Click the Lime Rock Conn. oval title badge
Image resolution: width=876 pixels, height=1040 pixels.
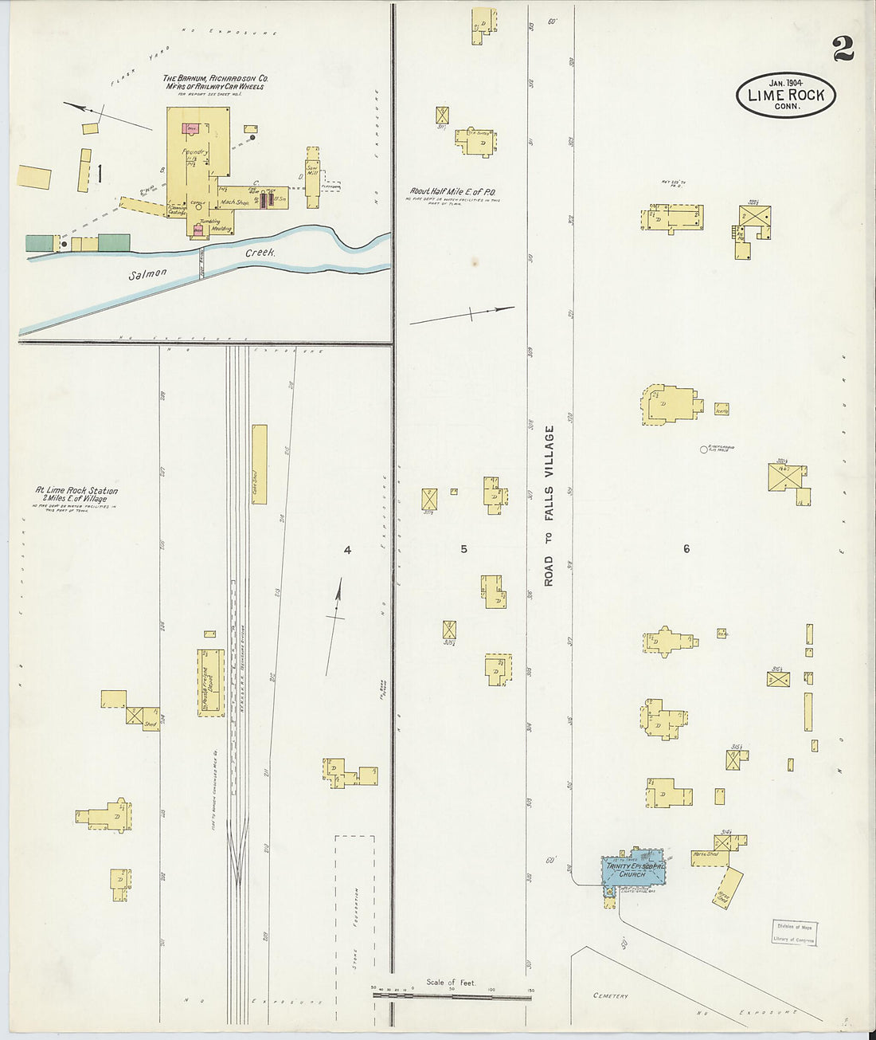[x=785, y=95]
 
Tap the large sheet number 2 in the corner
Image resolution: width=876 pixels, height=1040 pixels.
[x=843, y=49]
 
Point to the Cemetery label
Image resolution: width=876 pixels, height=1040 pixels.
[x=611, y=995]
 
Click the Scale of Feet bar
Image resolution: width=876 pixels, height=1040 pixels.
[x=452, y=992]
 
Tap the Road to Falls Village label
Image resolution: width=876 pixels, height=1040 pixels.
[x=549, y=506]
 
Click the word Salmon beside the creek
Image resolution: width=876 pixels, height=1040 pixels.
[x=148, y=273]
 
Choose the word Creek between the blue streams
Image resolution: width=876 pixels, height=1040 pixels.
[x=260, y=253]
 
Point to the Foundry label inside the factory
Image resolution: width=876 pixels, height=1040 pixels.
[x=194, y=151]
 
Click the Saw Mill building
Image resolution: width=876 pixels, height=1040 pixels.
[x=312, y=177]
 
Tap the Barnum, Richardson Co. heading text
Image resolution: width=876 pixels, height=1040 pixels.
[x=215, y=79]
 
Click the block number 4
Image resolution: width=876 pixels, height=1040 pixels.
[x=347, y=549]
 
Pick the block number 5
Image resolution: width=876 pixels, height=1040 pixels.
[x=463, y=548]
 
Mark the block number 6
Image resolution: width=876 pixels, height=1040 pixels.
[x=686, y=548]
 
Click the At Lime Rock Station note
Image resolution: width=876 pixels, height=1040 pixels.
[x=76, y=495]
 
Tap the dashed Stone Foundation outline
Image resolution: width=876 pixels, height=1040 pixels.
[x=354, y=909]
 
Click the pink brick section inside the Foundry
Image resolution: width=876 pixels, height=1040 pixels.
[x=191, y=128]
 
